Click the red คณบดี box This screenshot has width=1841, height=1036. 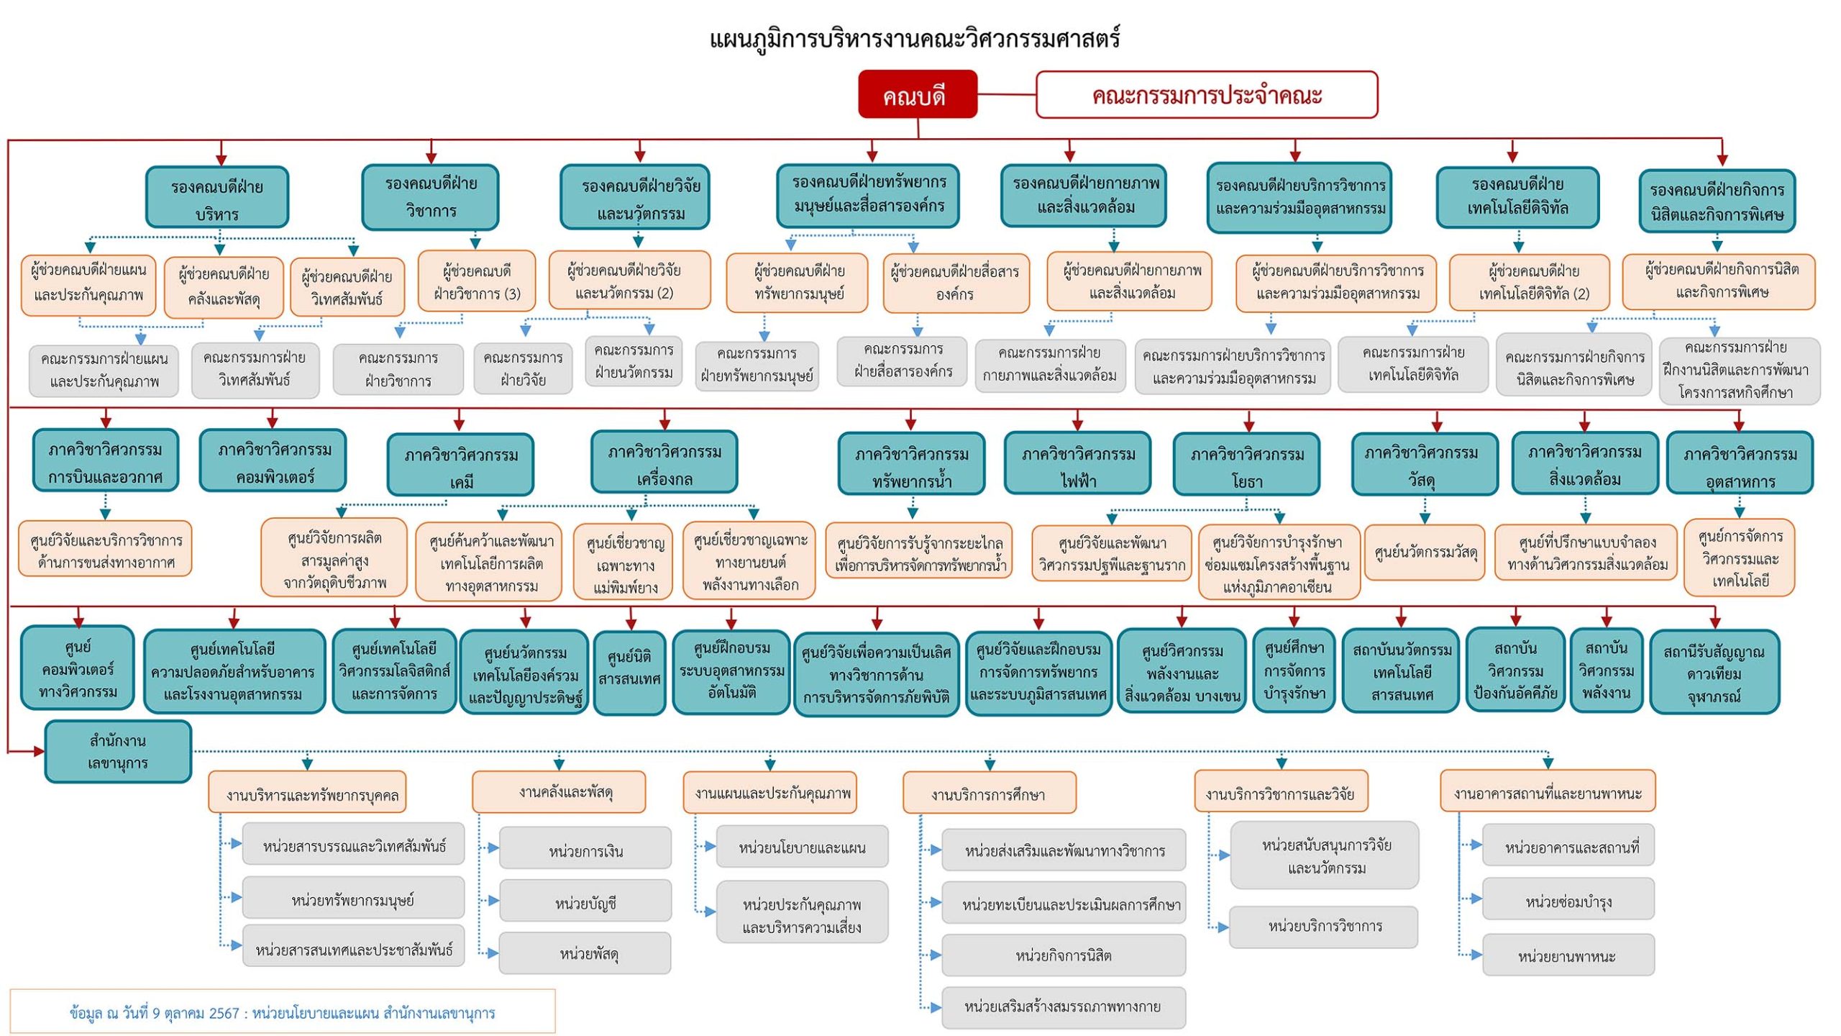pos(917,94)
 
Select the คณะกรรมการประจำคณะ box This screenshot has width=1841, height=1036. pos(1206,94)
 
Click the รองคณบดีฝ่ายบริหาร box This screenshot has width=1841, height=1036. pos(217,198)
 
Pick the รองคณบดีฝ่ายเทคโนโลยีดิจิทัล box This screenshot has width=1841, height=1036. pos(1517,196)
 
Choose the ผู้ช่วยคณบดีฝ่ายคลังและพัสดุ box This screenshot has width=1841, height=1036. pos(224,286)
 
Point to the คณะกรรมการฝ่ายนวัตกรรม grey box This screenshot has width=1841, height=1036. pos(634,361)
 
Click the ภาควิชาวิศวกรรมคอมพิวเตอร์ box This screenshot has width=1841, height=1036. pos(273,461)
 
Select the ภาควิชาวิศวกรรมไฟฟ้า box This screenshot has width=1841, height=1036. pos(1077,465)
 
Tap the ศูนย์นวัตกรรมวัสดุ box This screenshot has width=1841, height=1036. pos(1425,553)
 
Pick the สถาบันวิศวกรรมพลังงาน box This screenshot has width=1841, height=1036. pos(1606,670)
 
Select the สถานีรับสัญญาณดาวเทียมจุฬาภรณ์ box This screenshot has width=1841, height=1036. pos(1714,673)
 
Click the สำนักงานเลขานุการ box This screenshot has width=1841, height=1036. pos(118,752)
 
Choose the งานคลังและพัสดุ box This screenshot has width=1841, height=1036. pos(559,792)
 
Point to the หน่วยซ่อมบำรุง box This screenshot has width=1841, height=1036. pos(1568,901)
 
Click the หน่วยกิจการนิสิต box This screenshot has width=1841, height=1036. pos(1063,955)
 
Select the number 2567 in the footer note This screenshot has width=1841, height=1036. pos(224,1013)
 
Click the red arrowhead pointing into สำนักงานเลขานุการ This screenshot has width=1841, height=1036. pos(38,752)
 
